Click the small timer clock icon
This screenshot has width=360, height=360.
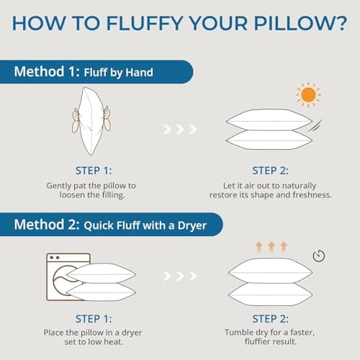(x=318, y=256)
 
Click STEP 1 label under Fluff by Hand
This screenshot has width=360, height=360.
(x=90, y=171)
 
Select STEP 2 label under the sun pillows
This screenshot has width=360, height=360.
(x=270, y=171)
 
